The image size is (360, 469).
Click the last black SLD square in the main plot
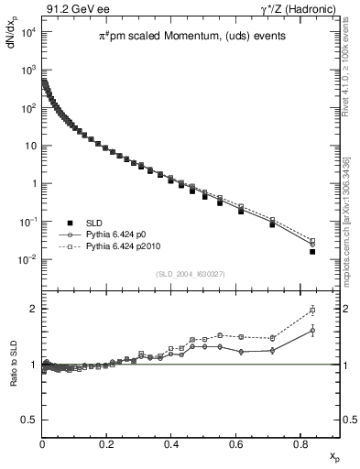click(x=312, y=251)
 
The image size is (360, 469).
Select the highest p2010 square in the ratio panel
click(x=312, y=310)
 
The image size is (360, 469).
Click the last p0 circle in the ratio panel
click(x=312, y=330)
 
